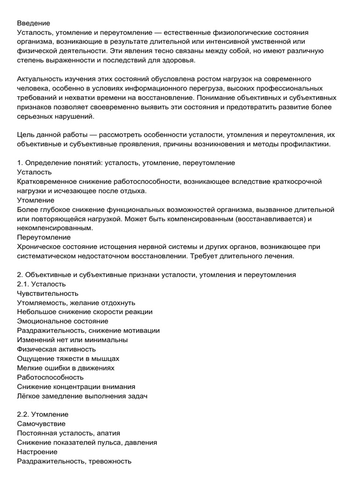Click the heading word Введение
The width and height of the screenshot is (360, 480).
click(x=33, y=22)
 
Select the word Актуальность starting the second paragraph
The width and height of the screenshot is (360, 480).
click(x=40, y=79)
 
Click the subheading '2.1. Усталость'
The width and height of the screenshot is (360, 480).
click(x=41, y=284)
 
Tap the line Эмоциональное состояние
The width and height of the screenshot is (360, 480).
click(x=62, y=321)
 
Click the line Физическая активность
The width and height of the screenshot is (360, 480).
click(x=56, y=349)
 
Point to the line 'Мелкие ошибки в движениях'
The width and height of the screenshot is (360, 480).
click(x=66, y=368)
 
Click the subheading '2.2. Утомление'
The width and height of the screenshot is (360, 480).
click(x=43, y=414)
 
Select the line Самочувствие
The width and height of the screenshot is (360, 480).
click(x=41, y=424)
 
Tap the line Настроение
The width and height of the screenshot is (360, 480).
click(x=37, y=452)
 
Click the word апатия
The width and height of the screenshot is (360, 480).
click(x=113, y=433)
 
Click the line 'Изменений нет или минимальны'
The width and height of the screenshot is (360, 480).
click(x=72, y=340)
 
